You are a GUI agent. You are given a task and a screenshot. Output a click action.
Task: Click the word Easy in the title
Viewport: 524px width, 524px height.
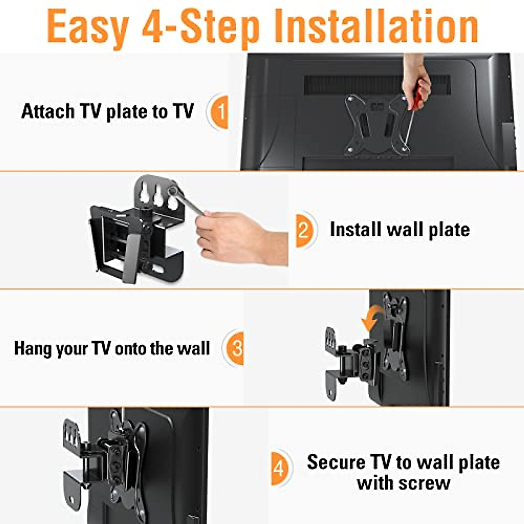pos(86,27)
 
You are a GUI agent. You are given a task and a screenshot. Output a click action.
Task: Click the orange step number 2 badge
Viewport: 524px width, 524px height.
pos(304,230)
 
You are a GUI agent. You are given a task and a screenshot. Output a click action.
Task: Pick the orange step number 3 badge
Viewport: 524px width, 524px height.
pos(234,348)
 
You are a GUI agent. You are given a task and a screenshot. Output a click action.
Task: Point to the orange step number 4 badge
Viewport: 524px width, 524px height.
pos(279,469)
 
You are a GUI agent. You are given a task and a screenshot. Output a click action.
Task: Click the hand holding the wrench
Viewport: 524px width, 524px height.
pos(231,236)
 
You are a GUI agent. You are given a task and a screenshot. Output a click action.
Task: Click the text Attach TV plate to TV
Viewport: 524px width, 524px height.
pos(107,112)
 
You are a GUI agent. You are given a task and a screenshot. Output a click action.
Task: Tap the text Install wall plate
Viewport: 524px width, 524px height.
pos(400,230)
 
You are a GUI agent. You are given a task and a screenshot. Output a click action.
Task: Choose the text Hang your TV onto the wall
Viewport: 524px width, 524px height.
pos(112,348)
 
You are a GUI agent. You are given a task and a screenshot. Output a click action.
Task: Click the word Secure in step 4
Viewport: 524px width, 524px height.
pos(335,462)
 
